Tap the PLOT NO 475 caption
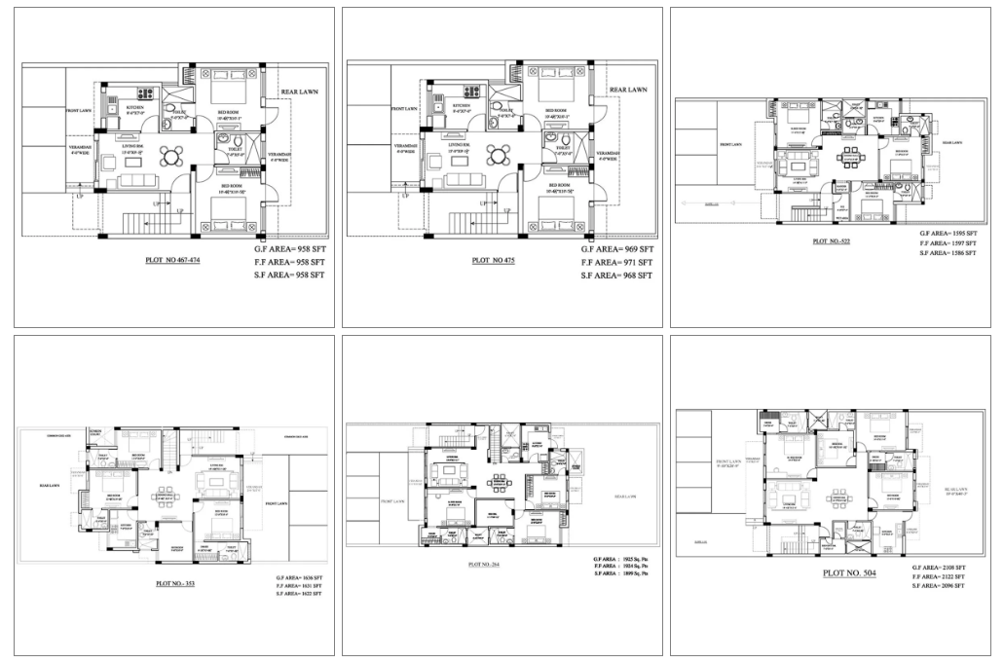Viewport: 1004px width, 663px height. tap(495, 261)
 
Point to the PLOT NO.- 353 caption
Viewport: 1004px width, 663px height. tap(176, 584)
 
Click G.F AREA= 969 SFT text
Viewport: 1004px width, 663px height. tap(617, 249)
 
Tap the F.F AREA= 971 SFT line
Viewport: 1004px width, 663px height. tap(617, 263)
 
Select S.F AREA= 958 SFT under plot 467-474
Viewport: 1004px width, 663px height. tap(287, 276)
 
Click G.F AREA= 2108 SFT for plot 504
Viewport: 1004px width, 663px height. tap(939, 567)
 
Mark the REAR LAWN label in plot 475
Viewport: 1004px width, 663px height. tap(627, 90)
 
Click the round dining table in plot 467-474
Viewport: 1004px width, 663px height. tap(171, 156)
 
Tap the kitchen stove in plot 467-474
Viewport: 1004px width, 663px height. tap(146, 94)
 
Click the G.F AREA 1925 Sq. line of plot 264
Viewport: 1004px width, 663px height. tap(619, 558)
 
